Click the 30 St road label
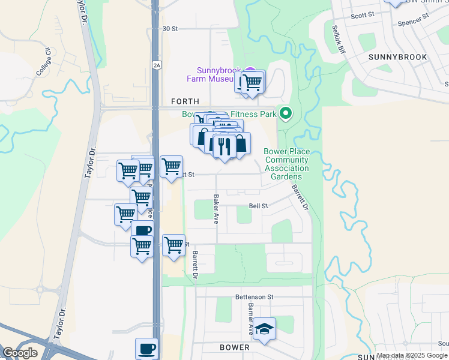(x=170, y=28)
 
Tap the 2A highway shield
(x=157, y=65)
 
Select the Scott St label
(x=362, y=14)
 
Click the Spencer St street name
(x=411, y=24)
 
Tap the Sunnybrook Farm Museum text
(x=214, y=74)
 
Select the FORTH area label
(x=185, y=102)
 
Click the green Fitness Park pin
(x=286, y=112)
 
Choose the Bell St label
(x=258, y=206)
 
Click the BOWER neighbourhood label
(x=235, y=347)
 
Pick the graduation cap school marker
(x=264, y=329)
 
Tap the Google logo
(x=20, y=352)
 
